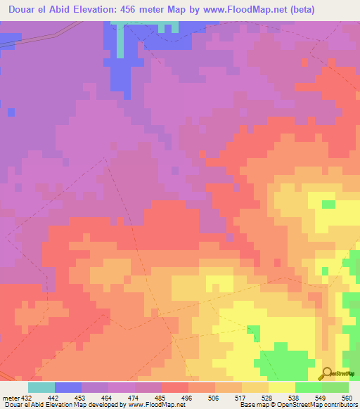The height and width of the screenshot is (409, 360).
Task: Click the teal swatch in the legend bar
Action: point(41,387)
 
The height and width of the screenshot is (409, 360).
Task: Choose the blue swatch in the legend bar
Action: point(68,387)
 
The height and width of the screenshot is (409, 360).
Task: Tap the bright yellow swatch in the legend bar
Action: point(282,387)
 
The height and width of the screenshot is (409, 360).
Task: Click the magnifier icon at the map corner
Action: point(328,373)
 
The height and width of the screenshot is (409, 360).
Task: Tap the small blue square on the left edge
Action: point(11,112)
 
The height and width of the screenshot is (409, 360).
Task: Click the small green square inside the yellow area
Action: point(328,204)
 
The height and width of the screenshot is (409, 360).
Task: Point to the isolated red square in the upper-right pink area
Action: point(203,153)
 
